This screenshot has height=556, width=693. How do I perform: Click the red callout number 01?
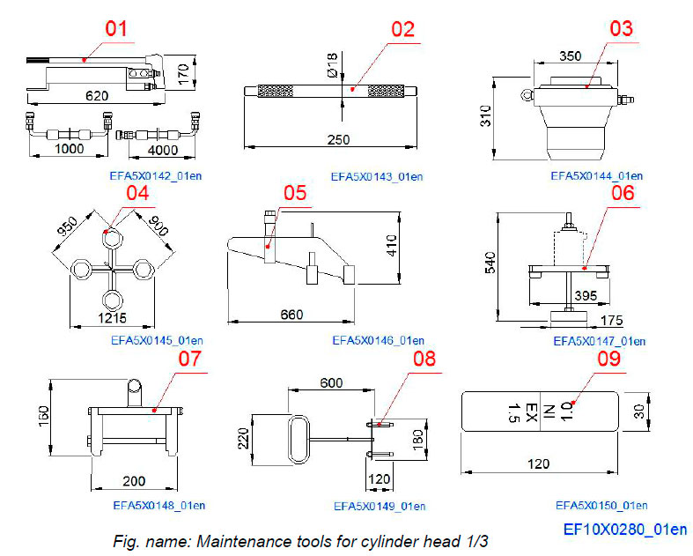click(116, 28)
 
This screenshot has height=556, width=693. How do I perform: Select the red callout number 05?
click(295, 193)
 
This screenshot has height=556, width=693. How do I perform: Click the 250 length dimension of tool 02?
click(339, 139)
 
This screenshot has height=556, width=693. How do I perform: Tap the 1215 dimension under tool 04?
click(114, 316)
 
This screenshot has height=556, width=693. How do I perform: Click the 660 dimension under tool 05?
click(291, 315)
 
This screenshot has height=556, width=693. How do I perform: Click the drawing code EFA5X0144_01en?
click(596, 175)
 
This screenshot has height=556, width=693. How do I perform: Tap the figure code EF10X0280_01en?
click(625, 530)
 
